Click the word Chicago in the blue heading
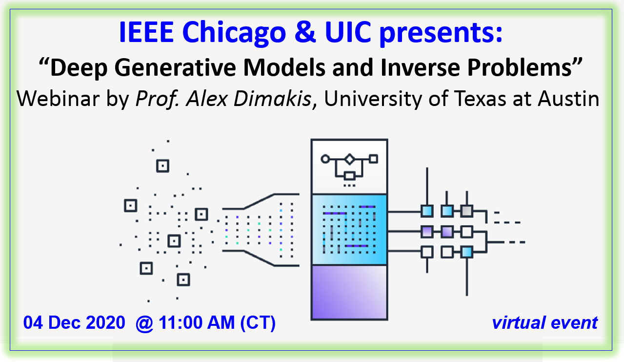pyautogui.click(x=234, y=33)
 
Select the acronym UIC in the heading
pyautogui.click(x=348, y=32)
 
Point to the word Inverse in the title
pyautogui.click(x=421, y=67)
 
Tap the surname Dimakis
pyautogui.click(x=272, y=99)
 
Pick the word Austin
pyautogui.click(x=568, y=99)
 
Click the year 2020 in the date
pyautogui.click(x=105, y=322)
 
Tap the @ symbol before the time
pyautogui.click(x=144, y=323)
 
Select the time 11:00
pyautogui.click(x=181, y=322)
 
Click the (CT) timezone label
pyautogui.click(x=258, y=323)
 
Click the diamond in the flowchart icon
pyautogui.click(x=349, y=159)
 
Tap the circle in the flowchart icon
pyautogui.click(x=325, y=159)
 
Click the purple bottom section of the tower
pyautogui.click(x=349, y=292)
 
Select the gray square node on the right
pyautogui.click(x=466, y=211)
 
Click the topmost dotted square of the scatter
pyautogui.click(x=162, y=166)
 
